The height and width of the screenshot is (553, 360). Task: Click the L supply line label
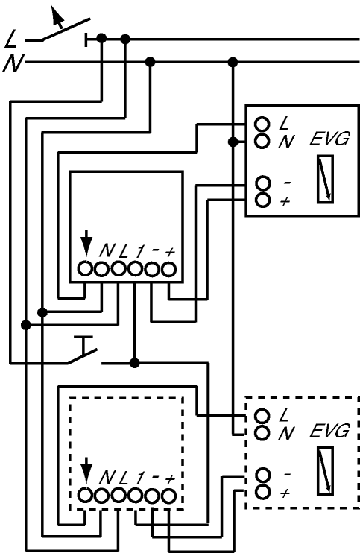pyautogui.click(x=11, y=39)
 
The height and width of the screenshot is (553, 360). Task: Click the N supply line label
pyautogui.click(x=13, y=64)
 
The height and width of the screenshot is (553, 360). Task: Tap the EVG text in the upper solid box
pyautogui.click(x=329, y=139)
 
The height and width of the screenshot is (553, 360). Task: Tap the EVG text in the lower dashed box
pyautogui.click(x=329, y=431)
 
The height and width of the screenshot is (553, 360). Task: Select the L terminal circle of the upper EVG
pyautogui.click(x=262, y=124)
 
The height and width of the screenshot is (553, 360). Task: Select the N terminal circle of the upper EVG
pyautogui.click(x=262, y=141)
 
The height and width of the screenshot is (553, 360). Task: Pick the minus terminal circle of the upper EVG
pyautogui.click(x=262, y=183)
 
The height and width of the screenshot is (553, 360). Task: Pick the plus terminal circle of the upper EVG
pyautogui.click(x=262, y=200)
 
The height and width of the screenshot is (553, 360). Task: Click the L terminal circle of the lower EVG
pyautogui.click(x=262, y=416)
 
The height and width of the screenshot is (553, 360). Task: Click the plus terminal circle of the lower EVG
pyautogui.click(x=262, y=492)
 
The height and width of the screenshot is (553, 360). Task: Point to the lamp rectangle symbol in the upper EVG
pyautogui.click(x=325, y=179)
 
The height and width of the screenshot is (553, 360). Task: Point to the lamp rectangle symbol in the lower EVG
pyautogui.click(x=325, y=471)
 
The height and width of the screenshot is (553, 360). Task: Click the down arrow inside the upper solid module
pyautogui.click(x=86, y=243)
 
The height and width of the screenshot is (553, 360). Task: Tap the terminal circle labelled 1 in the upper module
pyautogui.click(x=135, y=270)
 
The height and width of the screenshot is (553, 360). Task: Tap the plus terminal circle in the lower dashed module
pyautogui.click(x=169, y=496)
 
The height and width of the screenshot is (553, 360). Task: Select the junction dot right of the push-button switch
pyautogui.click(x=135, y=363)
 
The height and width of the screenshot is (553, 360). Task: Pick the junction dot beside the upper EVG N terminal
pyautogui.click(x=233, y=142)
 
